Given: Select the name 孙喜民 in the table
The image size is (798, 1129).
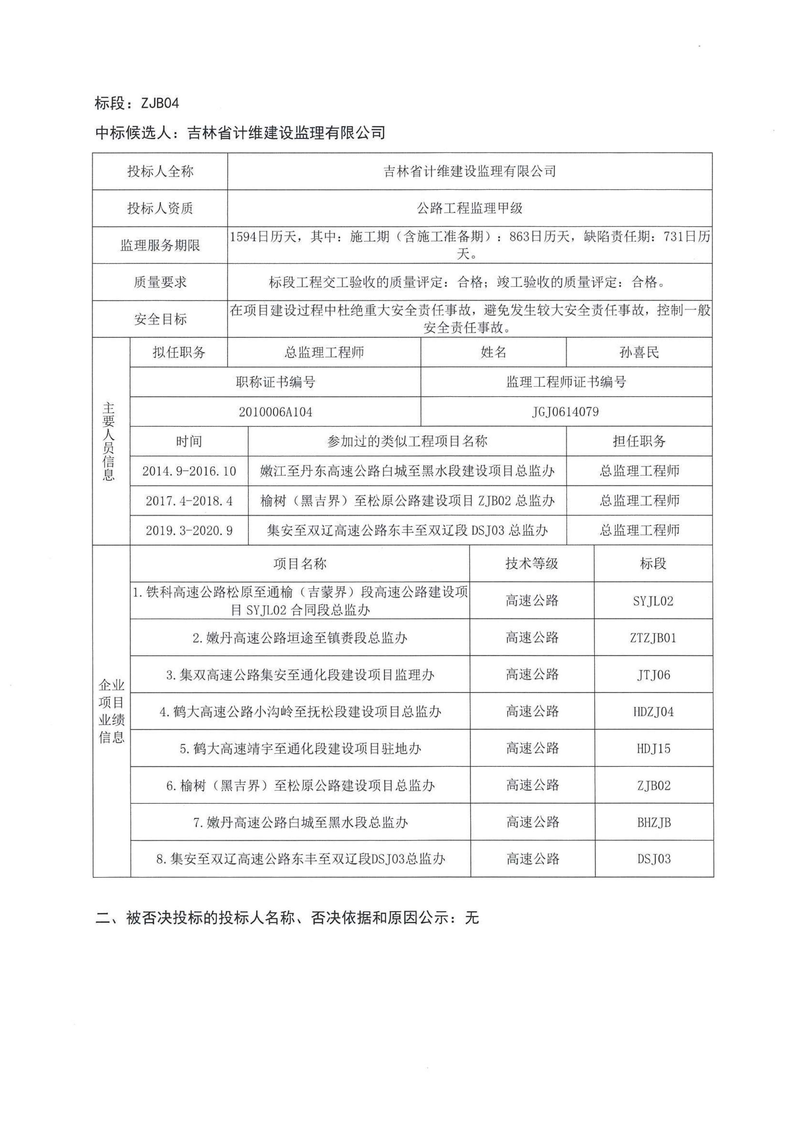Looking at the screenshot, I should click(639, 352).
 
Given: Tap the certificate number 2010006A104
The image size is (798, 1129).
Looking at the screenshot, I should click(275, 412).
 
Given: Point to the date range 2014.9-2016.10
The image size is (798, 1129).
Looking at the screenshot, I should click(189, 471).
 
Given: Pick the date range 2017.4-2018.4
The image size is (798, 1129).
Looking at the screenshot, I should click(189, 501).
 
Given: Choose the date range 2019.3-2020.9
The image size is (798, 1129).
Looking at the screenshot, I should click(189, 531).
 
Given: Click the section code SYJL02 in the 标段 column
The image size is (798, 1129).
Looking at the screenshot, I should click(653, 601).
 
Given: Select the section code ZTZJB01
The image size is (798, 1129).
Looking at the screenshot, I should click(653, 638).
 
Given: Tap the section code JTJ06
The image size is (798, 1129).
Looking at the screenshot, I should click(653, 675).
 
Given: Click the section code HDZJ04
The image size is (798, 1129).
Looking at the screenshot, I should click(653, 712).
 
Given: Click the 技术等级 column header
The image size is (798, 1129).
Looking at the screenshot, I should click(532, 564).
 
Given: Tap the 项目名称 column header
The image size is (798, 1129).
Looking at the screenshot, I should click(300, 564).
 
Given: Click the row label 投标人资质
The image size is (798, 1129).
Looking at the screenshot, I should click(160, 209).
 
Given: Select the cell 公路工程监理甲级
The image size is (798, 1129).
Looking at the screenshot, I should click(469, 209).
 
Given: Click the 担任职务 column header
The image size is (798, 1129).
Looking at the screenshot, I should click(639, 442).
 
